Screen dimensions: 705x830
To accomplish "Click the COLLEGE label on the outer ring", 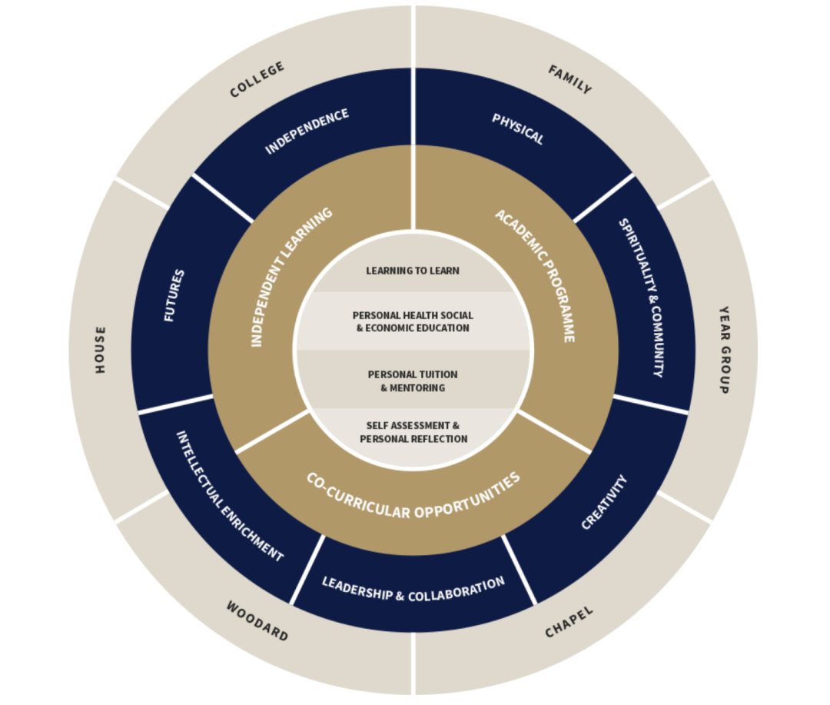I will tap(257, 80).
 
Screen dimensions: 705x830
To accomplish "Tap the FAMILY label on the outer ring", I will tap(569, 80).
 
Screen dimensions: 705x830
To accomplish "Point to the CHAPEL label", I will tap(569, 622).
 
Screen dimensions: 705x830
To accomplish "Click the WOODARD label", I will tap(257, 621).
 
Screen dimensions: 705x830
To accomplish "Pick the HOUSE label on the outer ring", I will tap(101, 350).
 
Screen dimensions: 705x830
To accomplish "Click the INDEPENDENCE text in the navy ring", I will tap(307, 131).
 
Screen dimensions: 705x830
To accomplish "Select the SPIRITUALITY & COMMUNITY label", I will tap(641, 298).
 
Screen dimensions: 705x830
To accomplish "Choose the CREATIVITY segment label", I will tap(604, 502).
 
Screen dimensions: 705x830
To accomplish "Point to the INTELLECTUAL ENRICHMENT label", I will tap(229, 497).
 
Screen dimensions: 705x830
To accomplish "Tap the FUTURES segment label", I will tap(174, 295).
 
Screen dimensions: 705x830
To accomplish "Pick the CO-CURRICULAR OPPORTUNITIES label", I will tap(413, 496).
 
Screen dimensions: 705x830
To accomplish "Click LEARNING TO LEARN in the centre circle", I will tap(413, 271).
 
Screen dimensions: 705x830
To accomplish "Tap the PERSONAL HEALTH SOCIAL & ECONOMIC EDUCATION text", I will tap(413, 321).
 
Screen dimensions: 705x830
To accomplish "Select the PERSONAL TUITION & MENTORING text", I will tap(413, 381).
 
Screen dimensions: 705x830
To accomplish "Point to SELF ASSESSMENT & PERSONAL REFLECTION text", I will tap(413, 432).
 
